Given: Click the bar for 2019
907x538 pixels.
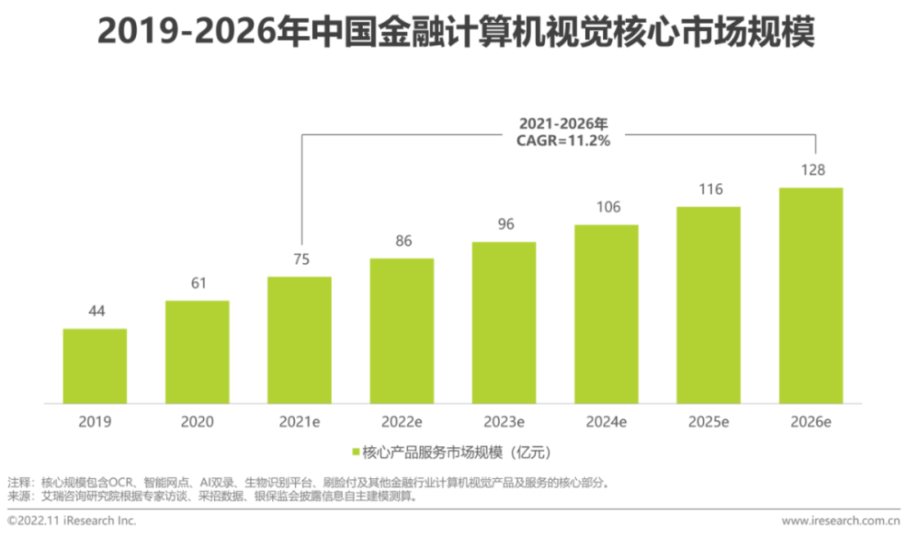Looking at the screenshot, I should coord(94,366).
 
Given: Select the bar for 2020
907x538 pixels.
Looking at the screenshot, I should coord(197,352).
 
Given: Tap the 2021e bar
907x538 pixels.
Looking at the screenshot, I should coord(299,340).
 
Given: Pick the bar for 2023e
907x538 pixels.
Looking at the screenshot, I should coord(503,322).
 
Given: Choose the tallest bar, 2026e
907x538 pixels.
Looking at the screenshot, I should coord(811,296).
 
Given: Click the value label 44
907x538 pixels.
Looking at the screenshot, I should coord(94,311).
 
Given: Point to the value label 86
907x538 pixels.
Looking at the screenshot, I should coord(401,242).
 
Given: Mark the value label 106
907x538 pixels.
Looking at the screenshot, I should coord(606,208).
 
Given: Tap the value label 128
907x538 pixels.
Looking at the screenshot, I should coord(811,171).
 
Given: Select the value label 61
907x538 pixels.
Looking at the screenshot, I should coord(197,283).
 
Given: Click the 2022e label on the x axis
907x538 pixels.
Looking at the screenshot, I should coord(401,422).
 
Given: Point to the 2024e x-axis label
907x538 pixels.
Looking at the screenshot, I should coord(606,422).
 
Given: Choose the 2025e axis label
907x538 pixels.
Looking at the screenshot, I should coord(708,422).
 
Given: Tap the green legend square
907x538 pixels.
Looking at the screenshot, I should coord(355,451).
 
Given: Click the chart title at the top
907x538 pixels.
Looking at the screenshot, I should coord(453,34).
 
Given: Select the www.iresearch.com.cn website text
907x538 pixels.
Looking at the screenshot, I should coord(840,521).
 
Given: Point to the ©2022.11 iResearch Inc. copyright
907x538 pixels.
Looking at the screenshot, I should coord(72,521).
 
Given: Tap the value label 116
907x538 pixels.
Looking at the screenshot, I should coord(708,191).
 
